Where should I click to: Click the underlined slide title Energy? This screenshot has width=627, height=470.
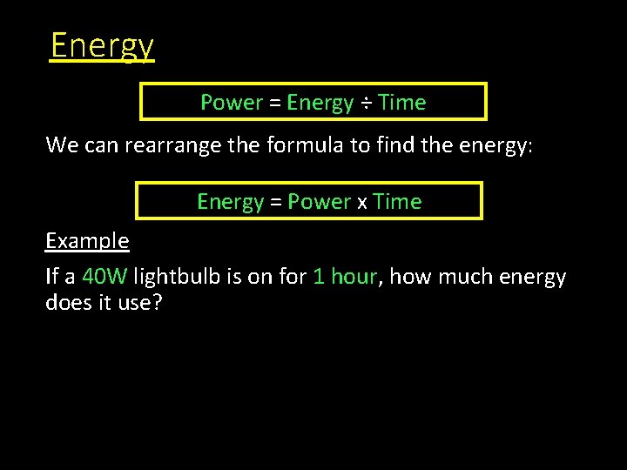[x=102, y=45]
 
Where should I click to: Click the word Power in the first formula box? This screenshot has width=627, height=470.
[x=232, y=103]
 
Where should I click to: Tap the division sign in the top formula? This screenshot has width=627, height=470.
[x=367, y=103]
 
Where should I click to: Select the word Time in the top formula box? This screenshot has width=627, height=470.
[x=402, y=103]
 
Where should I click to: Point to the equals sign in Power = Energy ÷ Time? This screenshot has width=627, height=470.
[x=275, y=103]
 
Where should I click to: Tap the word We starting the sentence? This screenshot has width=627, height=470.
[x=62, y=144]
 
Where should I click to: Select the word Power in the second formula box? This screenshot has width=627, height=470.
[x=319, y=202]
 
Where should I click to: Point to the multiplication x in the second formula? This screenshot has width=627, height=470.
[x=361, y=203]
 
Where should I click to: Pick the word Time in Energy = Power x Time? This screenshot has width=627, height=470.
[x=397, y=202]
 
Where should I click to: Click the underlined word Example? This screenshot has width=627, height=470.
[x=87, y=241]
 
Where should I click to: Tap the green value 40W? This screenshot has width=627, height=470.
[x=104, y=278]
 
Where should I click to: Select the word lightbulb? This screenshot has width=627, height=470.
[x=176, y=278]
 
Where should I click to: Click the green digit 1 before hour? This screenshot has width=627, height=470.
[x=319, y=278]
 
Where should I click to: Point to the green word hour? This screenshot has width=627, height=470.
[x=354, y=278]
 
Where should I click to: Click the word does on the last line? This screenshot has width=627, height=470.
[x=69, y=304]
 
